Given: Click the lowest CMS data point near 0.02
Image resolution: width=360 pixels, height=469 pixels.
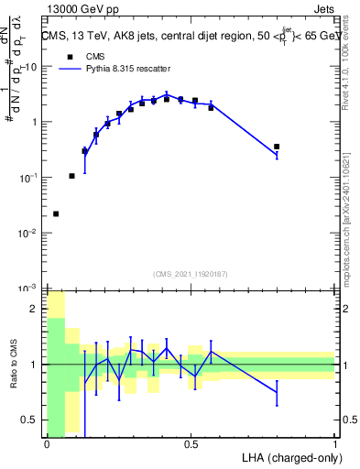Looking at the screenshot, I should point(56,213).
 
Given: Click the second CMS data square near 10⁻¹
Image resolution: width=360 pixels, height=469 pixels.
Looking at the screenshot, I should point(71,176).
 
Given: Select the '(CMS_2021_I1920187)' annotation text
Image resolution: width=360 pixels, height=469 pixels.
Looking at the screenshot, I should point(191,274).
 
